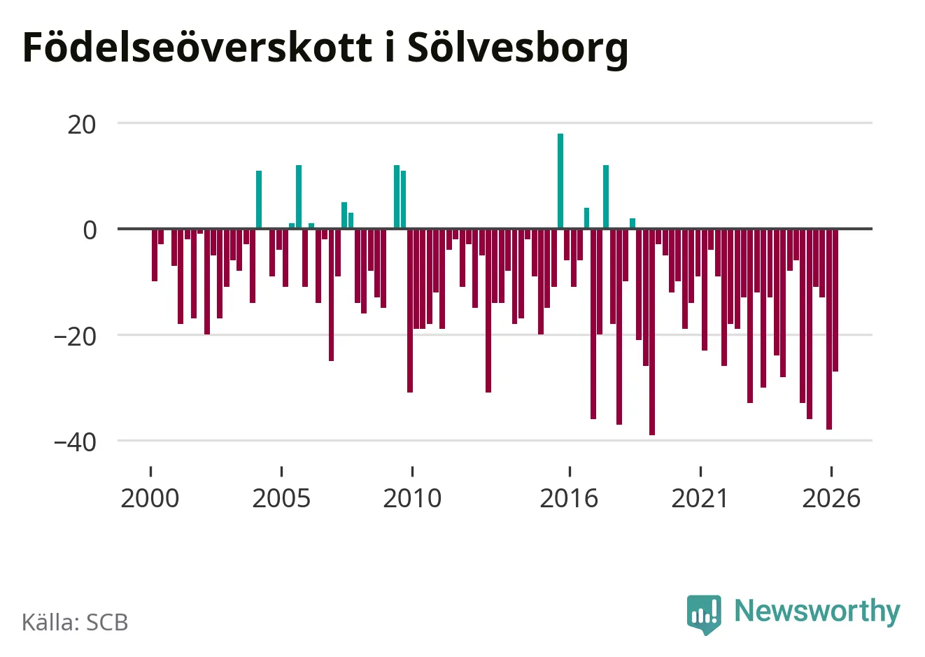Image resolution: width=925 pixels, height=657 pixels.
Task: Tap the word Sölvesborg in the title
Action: pyautogui.click(x=518, y=49)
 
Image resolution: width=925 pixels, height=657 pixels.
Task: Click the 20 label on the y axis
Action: pyautogui.click(x=81, y=125)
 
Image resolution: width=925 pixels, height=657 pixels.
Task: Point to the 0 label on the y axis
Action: pyautogui.click(x=90, y=230)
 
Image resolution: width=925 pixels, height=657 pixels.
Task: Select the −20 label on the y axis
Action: pyautogui.click(x=75, y=337)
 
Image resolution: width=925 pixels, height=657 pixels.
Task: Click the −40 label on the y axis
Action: pyautogui.click(x=75, y=442)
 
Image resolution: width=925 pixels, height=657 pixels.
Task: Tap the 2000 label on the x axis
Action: pyautogui.click(x=150, y=498)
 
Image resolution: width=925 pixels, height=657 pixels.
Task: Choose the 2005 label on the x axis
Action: pyautogui.click(x=281, y=498)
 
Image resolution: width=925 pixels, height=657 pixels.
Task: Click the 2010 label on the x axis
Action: pyautogui.click(x=412, y=498)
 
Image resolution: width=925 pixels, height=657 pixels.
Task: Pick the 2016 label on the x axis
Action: pyautogui.click(x=569, y=498)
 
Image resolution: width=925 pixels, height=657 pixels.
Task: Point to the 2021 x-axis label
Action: pyautogui.click(x=700, y=498)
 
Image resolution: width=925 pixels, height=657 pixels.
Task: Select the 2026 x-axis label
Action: pyautogui.click(x=831, y=498)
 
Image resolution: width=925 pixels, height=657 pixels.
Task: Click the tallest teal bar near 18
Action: pyautogui.click(x=560, y=181)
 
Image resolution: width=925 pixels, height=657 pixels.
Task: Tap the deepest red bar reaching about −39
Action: pyautogui.click(x=652, y=332)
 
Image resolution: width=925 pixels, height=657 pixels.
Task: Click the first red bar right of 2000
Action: pyautogui.click(x=155, y=255)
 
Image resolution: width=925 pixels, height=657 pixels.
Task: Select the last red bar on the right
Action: pyautogui.click(x=835, y=299)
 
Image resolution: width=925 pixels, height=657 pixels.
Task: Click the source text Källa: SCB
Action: pyautogui.click(x=75, y=622)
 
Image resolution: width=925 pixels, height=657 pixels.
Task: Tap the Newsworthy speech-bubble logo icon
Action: pyautogui.click(x=704, y=614)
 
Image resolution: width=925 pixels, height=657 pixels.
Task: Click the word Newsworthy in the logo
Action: pyautogui.click(x=817, y=611)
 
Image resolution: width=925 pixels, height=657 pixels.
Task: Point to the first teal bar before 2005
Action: pyautogui.click(x=259, y=199)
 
